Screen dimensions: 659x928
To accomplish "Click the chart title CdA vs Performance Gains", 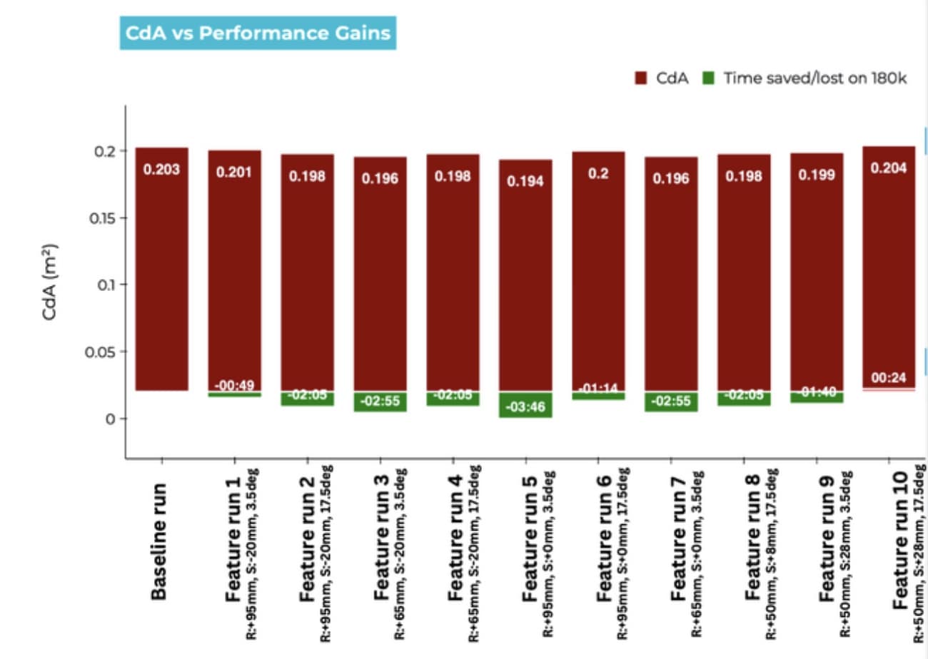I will (x=257, y=34).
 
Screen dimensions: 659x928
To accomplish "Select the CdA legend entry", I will (x=662, y=78).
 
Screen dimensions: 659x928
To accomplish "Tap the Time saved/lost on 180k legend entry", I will (x=807, y=78).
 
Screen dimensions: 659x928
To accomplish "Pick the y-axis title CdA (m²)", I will (x=51, y=282).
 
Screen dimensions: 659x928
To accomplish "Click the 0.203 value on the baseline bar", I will (x=162, y=170).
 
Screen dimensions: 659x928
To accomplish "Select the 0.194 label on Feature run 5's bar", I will (x=525, y=181).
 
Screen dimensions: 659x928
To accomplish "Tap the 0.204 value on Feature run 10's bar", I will (x=889, y=168).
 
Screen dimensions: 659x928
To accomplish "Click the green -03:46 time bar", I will (x=525, y=407).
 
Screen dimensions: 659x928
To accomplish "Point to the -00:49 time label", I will (x=235, y=386).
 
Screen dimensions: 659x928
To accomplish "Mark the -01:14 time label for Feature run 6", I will (x=598, y=389).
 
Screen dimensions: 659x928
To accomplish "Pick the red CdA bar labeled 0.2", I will (x=598, y=271).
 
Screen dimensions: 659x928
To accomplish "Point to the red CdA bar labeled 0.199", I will (x=817, y=271).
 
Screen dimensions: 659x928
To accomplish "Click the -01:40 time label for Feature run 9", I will (x=817, y=393).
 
